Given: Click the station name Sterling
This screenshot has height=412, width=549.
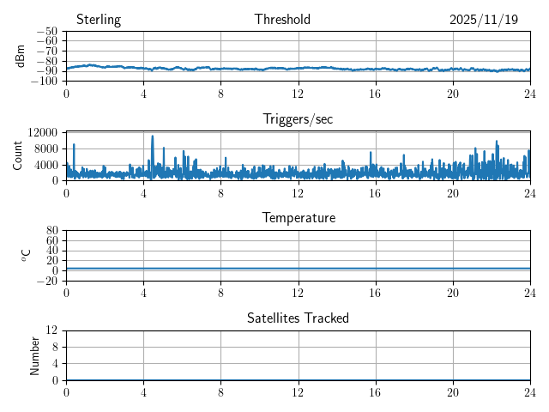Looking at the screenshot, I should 99,20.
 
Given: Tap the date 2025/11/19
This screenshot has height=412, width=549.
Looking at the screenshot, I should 484,20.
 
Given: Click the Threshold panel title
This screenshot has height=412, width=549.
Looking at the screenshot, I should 282,20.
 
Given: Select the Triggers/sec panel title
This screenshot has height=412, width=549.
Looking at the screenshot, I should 298,119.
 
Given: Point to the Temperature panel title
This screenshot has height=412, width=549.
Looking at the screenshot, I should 298,218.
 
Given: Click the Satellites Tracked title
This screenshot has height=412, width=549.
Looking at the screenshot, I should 298,318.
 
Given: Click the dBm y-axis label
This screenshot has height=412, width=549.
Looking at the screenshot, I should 21,56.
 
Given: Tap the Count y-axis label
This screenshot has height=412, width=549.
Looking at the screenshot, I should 17,155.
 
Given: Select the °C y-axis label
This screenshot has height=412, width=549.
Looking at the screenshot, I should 26,255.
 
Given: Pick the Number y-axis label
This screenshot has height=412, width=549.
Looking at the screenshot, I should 35,354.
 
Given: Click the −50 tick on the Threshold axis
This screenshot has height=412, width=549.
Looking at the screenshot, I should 46,32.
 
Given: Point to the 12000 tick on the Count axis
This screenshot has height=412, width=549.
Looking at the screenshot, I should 42,132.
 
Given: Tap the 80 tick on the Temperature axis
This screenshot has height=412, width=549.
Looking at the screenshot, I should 51,231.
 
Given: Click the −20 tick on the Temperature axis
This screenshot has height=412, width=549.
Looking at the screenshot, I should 46,281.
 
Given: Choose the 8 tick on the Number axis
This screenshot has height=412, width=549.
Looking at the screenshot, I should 55,347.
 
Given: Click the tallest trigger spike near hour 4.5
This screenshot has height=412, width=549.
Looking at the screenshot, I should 153,136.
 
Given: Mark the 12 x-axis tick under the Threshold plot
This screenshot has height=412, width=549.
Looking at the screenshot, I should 298,94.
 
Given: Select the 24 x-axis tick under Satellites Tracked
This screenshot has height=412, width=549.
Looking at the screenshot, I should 529,392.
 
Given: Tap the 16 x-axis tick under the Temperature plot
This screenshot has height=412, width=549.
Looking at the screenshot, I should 375,293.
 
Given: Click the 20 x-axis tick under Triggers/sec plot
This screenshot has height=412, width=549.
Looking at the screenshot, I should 452,193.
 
